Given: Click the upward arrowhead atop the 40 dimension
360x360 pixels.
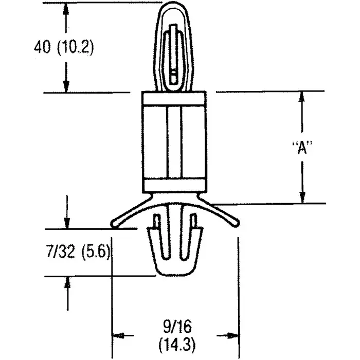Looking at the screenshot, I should pyautogui.click(x=66, y=8).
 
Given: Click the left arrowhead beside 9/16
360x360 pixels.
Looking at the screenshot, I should pyautogui.click(x=119, y=335).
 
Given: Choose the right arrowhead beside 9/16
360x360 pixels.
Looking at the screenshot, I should pyautogui.click(x=233, y=335).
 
